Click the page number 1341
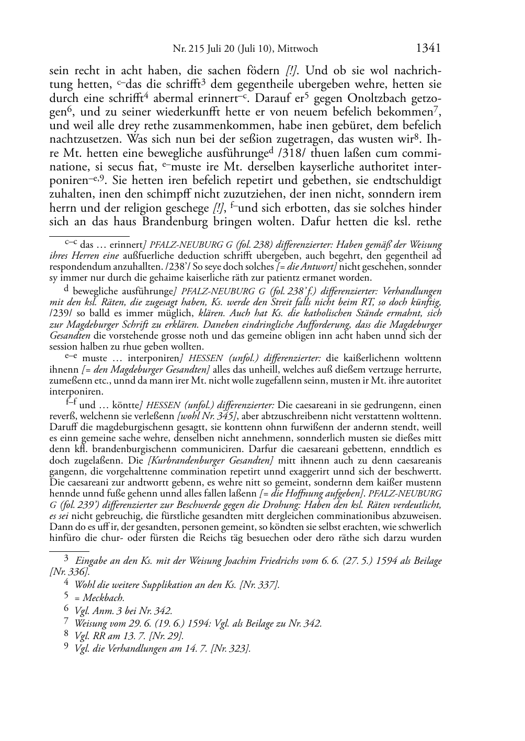[x=428, y=48]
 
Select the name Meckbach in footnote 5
[x=103, y=598]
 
